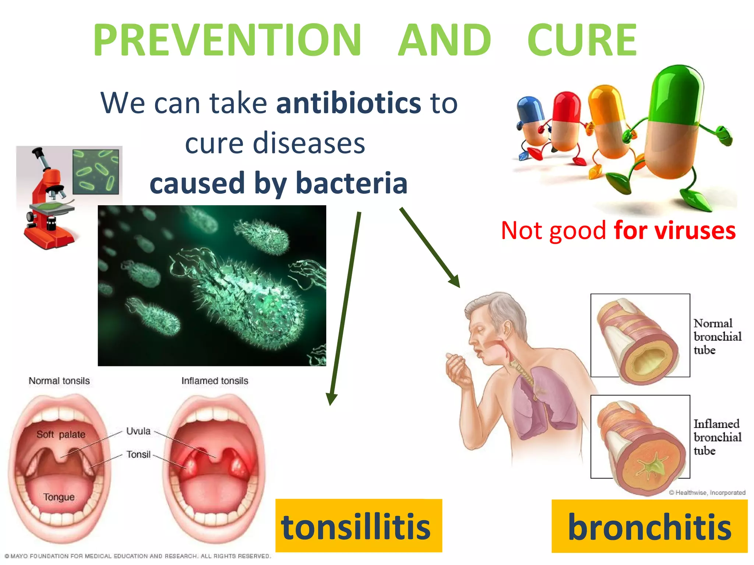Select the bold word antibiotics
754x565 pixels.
coord(348,103)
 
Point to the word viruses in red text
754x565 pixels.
coord(694,231)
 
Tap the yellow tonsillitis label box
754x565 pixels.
coord(358,526)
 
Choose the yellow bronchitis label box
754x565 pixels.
coord(649,526)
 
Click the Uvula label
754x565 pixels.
coord(138,431)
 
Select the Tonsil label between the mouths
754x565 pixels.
coord(138,455)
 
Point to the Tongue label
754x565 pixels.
coord(59,497)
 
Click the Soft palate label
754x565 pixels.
coord(61,434)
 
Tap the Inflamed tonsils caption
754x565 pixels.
coord(215,381)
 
